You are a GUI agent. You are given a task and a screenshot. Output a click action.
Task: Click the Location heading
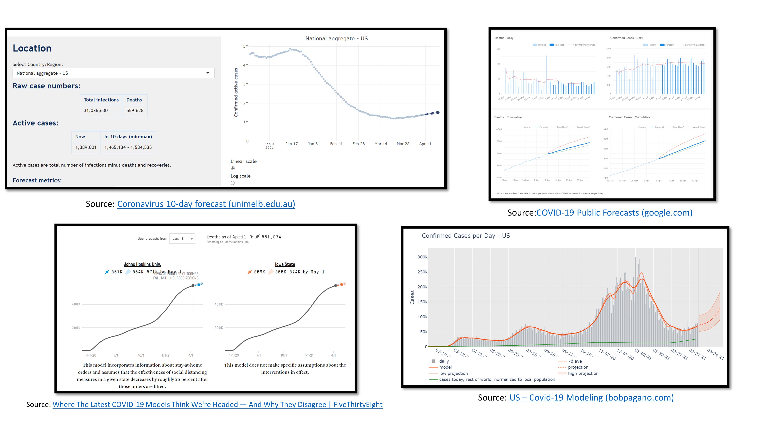(32, 48)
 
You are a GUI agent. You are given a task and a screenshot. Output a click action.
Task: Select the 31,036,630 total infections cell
(96, 111)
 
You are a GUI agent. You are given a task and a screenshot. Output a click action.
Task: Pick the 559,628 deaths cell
(135, 111)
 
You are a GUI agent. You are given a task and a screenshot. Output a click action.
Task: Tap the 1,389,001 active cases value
(86, 147)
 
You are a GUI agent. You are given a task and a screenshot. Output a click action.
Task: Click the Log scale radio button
(233, 183)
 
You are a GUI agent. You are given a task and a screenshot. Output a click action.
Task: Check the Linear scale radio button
(233, 168)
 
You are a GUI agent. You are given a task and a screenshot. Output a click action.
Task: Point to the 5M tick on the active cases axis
(246, 46)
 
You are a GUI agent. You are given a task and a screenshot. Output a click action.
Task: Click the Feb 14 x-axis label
(336, 144)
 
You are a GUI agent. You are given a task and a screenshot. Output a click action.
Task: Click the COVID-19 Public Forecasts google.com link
(614, 213)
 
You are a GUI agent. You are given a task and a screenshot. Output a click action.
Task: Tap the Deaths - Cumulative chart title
(508, 117)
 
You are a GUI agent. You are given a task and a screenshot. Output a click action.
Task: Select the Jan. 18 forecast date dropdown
(182, 238)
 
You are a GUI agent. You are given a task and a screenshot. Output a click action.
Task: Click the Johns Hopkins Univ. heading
(142, 264)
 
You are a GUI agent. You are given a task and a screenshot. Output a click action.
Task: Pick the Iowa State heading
(285, 264)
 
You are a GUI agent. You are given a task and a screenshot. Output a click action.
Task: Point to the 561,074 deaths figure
(271, 237)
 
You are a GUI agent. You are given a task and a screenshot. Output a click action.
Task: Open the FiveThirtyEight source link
(217, 405)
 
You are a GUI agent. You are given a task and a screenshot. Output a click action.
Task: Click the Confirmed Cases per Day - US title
(466, 236)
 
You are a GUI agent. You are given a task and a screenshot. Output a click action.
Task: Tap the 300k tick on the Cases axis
(422, 257)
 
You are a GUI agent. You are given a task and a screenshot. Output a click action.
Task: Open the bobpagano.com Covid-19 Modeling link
(592, 398)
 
